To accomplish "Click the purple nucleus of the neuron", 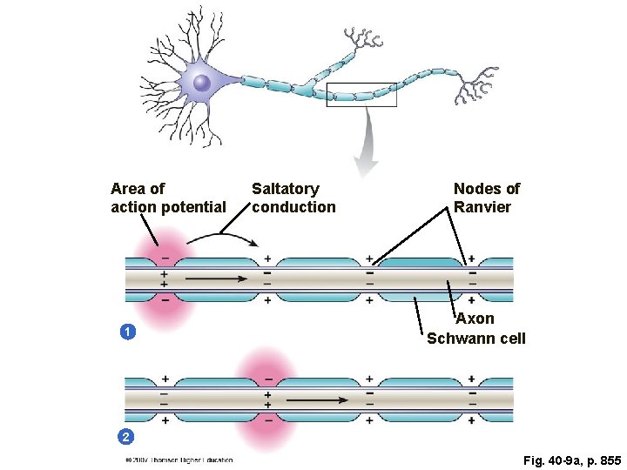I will pos(202,83).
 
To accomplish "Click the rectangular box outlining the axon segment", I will pos(361,95).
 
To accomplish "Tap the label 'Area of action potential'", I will pos(167,198).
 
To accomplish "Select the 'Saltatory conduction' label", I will pos(293,198).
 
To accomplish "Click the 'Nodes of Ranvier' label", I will pos(486,198).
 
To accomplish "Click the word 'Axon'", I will pos(475,319).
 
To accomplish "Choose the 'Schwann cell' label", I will pos(475,338).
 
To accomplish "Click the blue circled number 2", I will pos(126,435).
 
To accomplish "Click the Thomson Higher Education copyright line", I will pos(179,460).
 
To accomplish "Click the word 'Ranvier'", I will pos(482,207).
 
